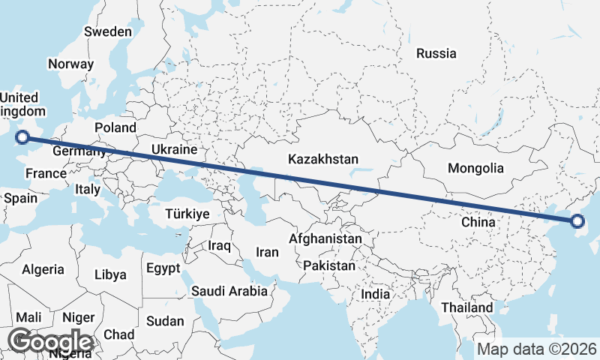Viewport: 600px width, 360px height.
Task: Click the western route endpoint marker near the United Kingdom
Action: pos(22,136)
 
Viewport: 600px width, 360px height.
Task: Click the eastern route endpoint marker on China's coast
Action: pos(577,220)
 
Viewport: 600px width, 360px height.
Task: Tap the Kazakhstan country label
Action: pos(324,160)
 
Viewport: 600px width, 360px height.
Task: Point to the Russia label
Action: pos(436,53)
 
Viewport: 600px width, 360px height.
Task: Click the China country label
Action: pos(478,222)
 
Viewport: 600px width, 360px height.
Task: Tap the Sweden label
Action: pos(108,31)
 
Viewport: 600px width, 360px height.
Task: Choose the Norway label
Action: pos(70,64)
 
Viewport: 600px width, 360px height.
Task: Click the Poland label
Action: pos(115,127)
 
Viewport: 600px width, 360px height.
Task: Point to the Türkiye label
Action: pos(186,214)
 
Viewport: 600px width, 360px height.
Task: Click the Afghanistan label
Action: pos(325,239)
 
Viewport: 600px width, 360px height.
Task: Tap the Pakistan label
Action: pos(329,265)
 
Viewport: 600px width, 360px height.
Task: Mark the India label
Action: pos(376,294)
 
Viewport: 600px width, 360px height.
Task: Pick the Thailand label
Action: pos(467,307)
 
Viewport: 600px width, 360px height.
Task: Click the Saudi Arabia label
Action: pos(229,291)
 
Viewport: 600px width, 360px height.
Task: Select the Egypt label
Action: pos(163,268)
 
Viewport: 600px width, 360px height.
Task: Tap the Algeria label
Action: pos(43,269)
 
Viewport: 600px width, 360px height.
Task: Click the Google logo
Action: pos(50,342)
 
